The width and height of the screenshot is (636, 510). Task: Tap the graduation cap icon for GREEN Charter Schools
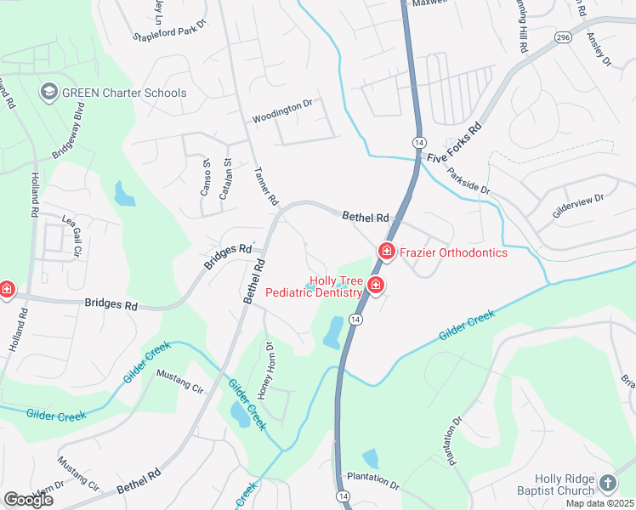tap(48, 91)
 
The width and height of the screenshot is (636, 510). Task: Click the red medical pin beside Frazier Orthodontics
tap(386, 252)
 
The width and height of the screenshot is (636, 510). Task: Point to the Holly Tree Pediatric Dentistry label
tap(314, 286)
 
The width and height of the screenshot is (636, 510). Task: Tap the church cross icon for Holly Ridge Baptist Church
tap(607, 483)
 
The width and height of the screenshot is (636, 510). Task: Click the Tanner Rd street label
tap(266, 186)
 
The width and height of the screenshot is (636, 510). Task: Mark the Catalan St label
tap(226, 179)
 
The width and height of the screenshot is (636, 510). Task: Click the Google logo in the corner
tap(28, 500)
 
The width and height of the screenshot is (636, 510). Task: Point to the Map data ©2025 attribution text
tap(599, 503)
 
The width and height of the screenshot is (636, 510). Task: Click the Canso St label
tap(206, 177)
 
